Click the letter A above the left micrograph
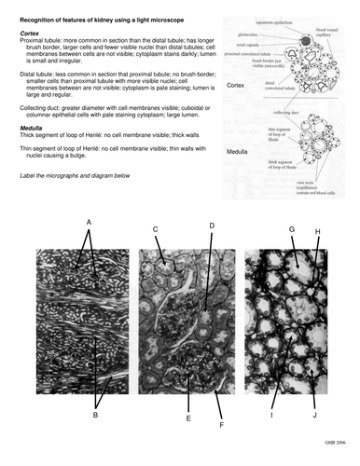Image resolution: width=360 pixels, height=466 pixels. tap(89, 222)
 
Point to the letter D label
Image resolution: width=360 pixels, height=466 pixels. tap(212, 226)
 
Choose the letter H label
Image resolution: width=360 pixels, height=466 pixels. tap(317, 231)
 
